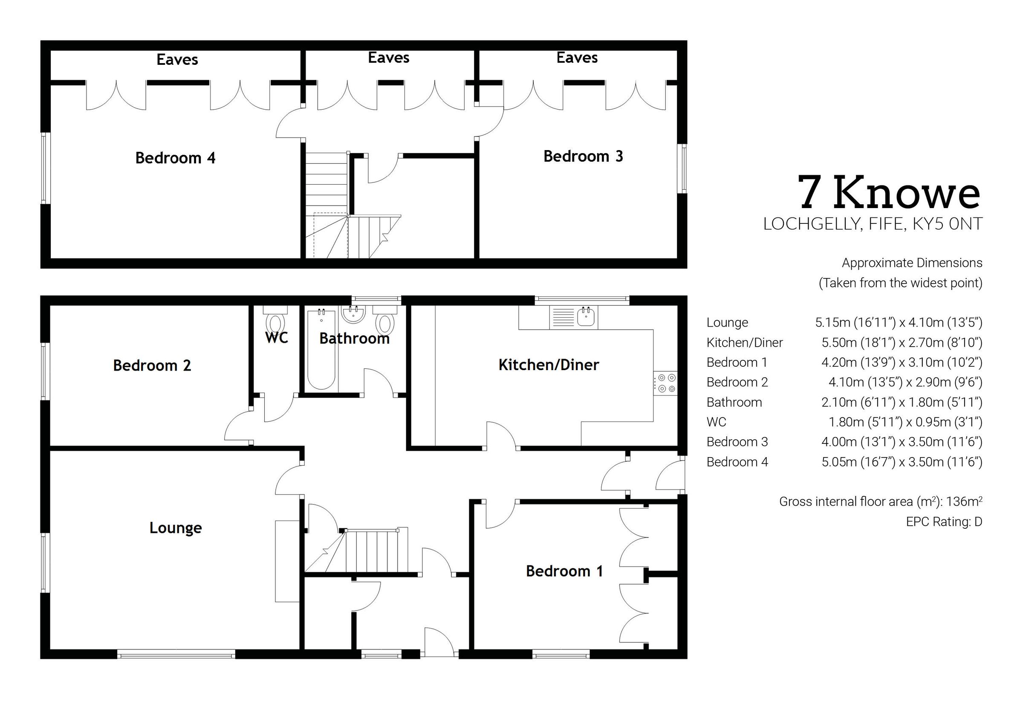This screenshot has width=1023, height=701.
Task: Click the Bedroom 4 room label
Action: coord(175,158)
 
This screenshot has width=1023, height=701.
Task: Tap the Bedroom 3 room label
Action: coord(583,156)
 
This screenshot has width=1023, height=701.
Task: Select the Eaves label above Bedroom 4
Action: coord(177,59)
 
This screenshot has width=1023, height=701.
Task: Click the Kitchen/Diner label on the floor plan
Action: coord(549,365)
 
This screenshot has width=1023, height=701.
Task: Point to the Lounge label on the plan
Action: coord(175,527)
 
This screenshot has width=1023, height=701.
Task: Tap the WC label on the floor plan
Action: coord(277,338)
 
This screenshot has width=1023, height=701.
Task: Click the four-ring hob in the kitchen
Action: coord(665,383)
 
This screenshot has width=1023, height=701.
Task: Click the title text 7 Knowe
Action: coord(889,193)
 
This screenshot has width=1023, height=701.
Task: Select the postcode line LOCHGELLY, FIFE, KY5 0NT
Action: coord(873,224)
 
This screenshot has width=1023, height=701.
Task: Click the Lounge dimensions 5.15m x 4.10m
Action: coord(899,322)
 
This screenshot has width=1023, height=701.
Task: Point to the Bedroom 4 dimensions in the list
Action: coord(902,462)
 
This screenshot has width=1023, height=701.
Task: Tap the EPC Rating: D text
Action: coord(944,522)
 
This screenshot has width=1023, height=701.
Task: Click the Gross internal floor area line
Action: coord(880,501)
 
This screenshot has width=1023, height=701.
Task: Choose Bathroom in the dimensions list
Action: coord(734,402)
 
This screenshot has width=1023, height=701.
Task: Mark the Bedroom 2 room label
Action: coord(152,365)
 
